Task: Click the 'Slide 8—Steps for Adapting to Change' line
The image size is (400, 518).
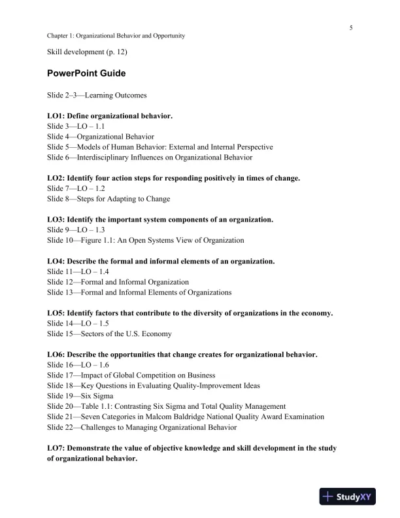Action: [108, 199]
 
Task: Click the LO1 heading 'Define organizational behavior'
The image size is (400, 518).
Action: [110, 116]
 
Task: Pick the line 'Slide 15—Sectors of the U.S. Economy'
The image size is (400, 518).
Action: [109, 334]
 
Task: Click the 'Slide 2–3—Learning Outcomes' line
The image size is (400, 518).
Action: [92, 95]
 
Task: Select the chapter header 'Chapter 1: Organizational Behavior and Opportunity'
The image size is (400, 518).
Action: [116, 36]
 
